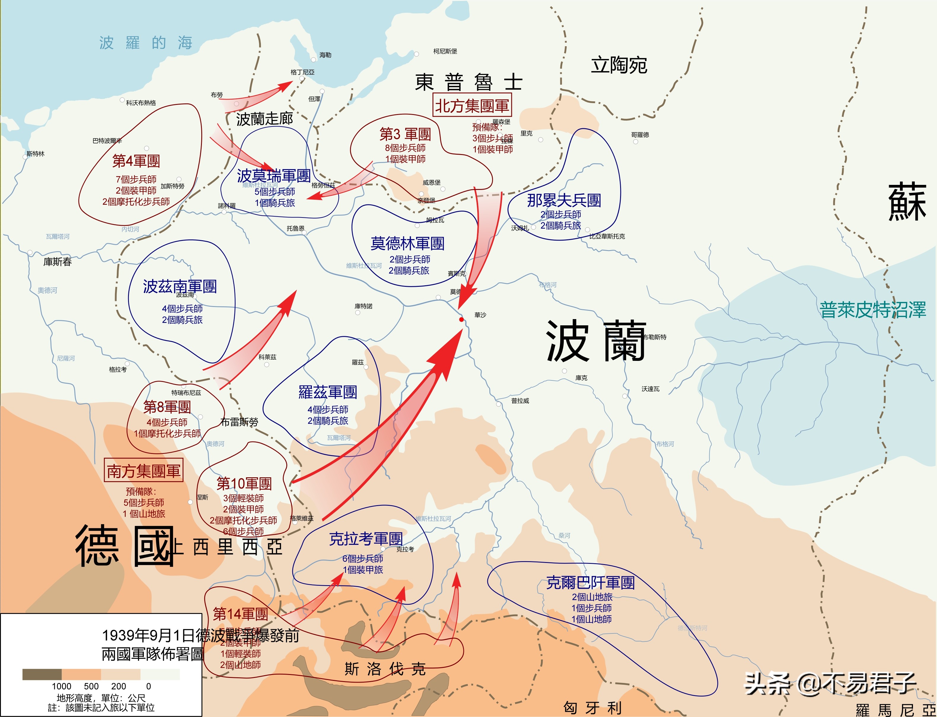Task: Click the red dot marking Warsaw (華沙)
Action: coord(462,319)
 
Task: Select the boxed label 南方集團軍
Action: coord(143,471)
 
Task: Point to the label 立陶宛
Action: coord(619,65)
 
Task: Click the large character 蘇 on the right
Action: coord(907,201)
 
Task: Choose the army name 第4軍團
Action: coord(136,161)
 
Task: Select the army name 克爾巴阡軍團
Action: coord(590,582)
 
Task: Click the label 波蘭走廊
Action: coord(265,119)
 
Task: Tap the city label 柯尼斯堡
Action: coord(445,51)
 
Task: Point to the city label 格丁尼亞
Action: coord(302,72)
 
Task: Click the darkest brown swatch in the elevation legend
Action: coord(42,674)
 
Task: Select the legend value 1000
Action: coord(61,686)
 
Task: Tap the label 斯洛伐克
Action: coord(385,669)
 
